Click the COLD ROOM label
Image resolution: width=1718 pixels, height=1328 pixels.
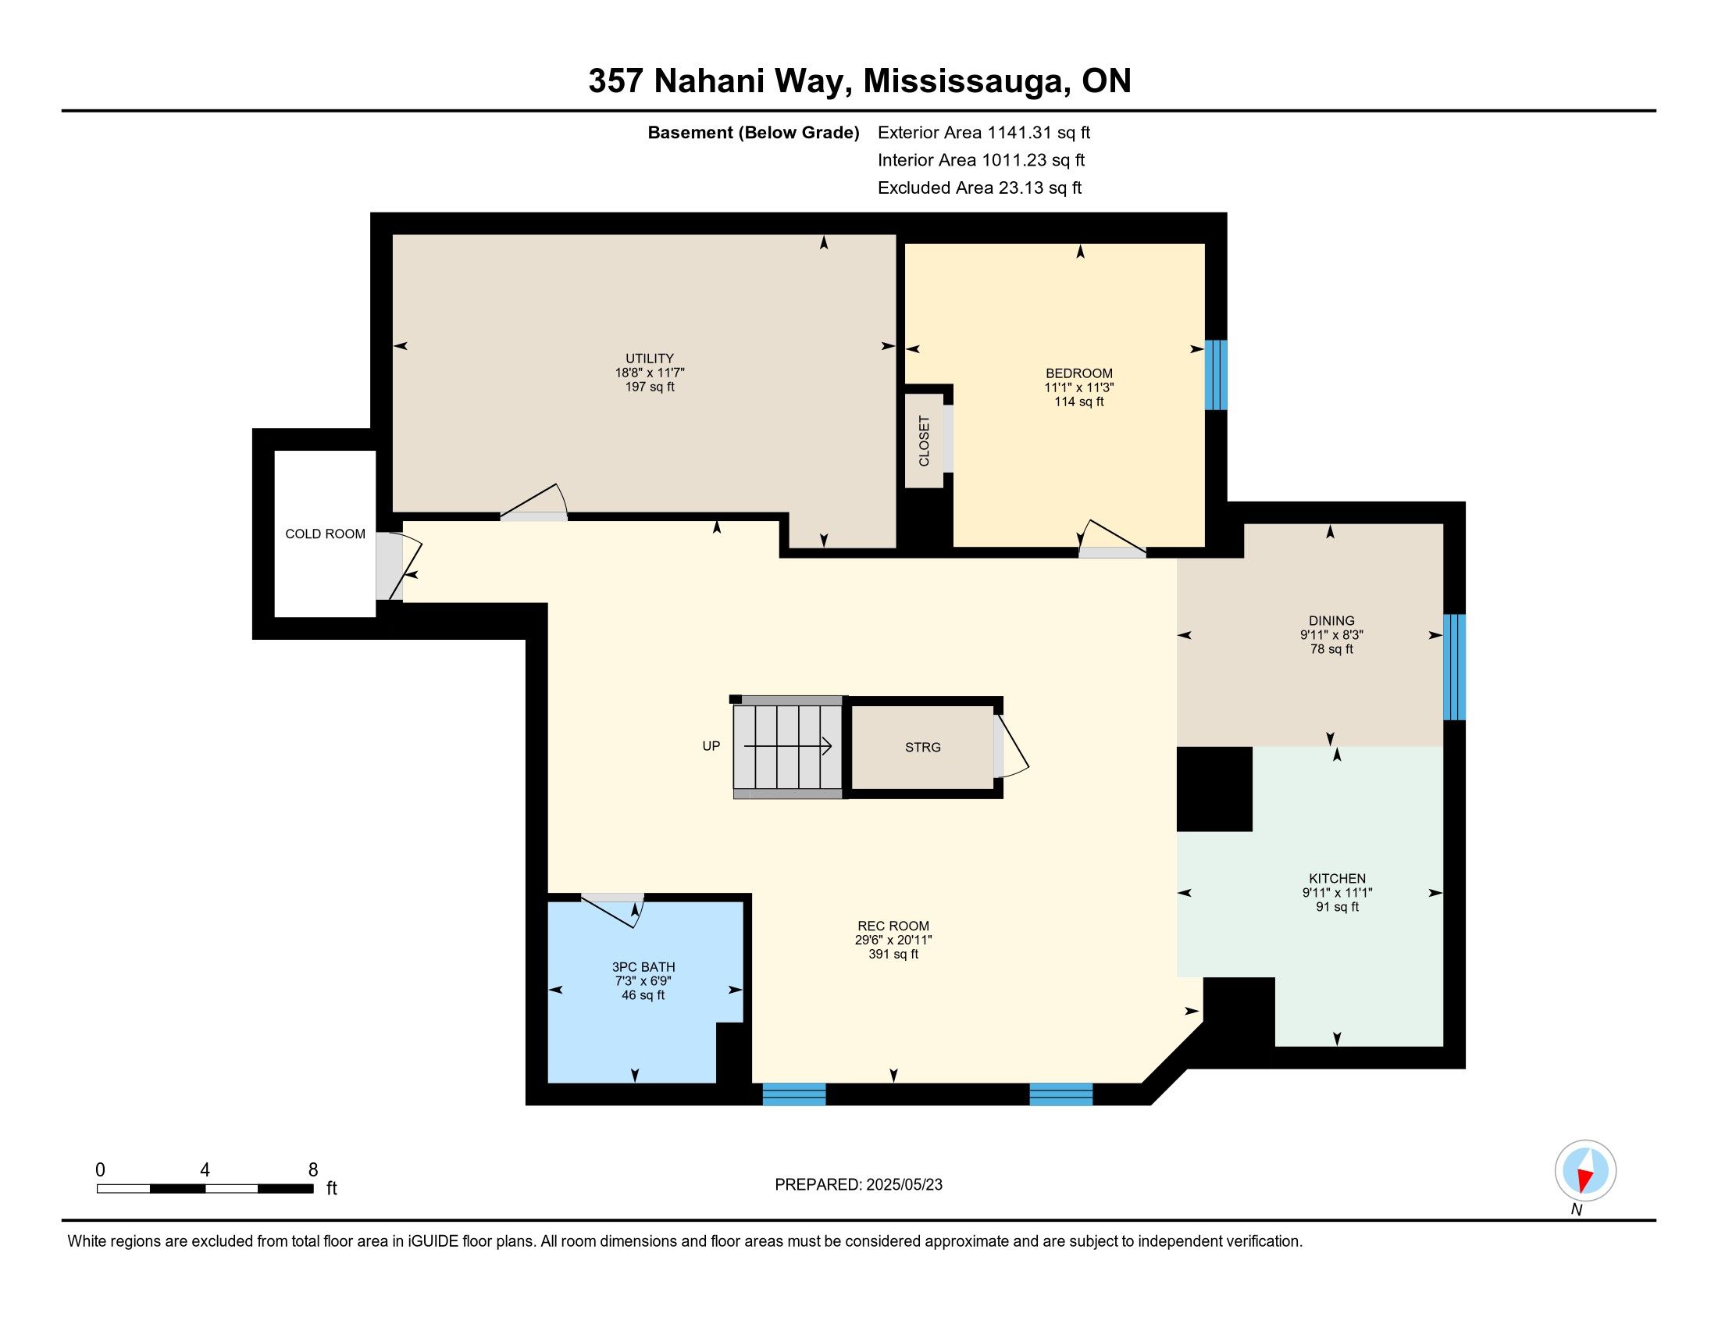point(325,534)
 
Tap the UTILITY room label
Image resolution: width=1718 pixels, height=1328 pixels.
point(650,359)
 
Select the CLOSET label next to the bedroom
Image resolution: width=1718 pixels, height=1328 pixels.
point(925,441)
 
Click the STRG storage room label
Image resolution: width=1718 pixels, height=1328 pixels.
point(923,748)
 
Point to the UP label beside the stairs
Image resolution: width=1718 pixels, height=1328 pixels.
point(711,746)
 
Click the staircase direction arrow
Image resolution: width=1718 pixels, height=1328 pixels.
point(787,746)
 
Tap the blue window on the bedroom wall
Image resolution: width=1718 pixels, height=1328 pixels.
point(1216,374)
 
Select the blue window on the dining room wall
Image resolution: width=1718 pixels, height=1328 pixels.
point(1455,667)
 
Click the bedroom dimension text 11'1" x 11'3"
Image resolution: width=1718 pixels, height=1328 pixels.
point(1079,388)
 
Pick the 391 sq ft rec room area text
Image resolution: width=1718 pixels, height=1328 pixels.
point(893,955)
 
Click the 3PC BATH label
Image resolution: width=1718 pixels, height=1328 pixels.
point(643,967)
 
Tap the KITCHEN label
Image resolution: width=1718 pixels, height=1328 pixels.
point(1337,879)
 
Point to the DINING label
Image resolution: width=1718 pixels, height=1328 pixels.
point(1331,621)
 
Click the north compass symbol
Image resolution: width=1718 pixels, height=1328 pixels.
point(1585,1171)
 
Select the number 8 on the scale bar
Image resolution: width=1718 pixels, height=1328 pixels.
point(313,1170)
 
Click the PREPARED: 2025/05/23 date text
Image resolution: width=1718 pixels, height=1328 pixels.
point(858,1185)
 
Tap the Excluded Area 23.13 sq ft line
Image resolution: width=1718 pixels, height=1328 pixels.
point(979,188)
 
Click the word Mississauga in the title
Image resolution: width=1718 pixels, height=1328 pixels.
point(966,82)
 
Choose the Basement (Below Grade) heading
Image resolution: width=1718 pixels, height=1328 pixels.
point(753,133)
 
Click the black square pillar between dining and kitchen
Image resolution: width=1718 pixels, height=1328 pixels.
point(1214,789)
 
